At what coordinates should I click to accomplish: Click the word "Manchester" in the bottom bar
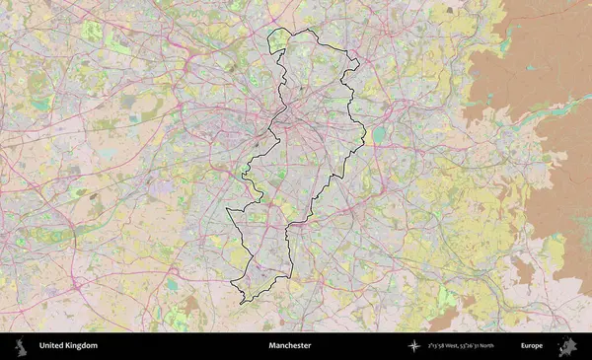[289, 346]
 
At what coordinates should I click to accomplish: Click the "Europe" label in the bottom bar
[532, 346]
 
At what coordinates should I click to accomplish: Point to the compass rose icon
[412, 346]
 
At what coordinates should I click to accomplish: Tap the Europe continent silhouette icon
[567, 346]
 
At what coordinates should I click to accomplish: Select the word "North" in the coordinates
[509, 346]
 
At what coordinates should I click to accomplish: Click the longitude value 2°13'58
[438, 346]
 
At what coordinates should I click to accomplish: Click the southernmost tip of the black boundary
[241, 303]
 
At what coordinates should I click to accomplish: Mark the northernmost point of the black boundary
[314, 30]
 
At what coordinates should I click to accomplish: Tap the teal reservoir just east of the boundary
[380, 133]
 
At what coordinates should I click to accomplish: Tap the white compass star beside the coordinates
[412, 346]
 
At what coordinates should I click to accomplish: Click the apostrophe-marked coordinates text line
[474, 346]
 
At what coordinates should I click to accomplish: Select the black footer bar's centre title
[289, 346]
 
